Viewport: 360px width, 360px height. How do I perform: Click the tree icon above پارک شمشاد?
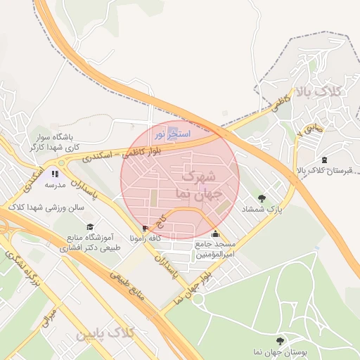click(x=262, y=198)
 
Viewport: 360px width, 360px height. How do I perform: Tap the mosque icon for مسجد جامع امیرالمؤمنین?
click(x=214, y=234)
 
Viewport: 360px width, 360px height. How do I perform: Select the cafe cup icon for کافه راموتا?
click(x=146, y=228)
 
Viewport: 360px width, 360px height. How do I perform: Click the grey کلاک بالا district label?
click(x=319, y=91)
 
